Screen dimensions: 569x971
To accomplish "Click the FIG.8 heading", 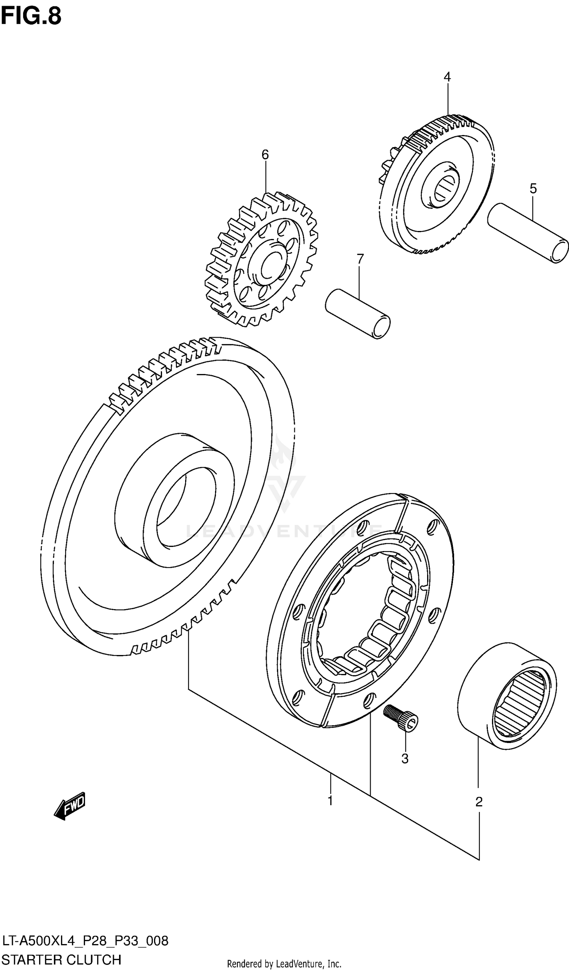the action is (31, 16).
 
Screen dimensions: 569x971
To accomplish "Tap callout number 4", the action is (447, 77).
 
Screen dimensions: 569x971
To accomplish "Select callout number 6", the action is (265, 154).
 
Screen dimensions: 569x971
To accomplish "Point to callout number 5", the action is (533, 189).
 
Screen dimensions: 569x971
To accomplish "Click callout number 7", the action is (360, 259).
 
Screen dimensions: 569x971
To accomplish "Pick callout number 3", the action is (405, 758).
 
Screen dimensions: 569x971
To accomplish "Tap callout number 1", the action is (330, 801).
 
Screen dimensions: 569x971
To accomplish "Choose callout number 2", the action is (479, 802).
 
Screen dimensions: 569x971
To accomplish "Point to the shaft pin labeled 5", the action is (528, 233).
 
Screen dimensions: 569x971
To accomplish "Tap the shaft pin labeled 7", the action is (357, 313).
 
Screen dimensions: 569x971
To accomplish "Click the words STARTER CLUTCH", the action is (61, 960).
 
